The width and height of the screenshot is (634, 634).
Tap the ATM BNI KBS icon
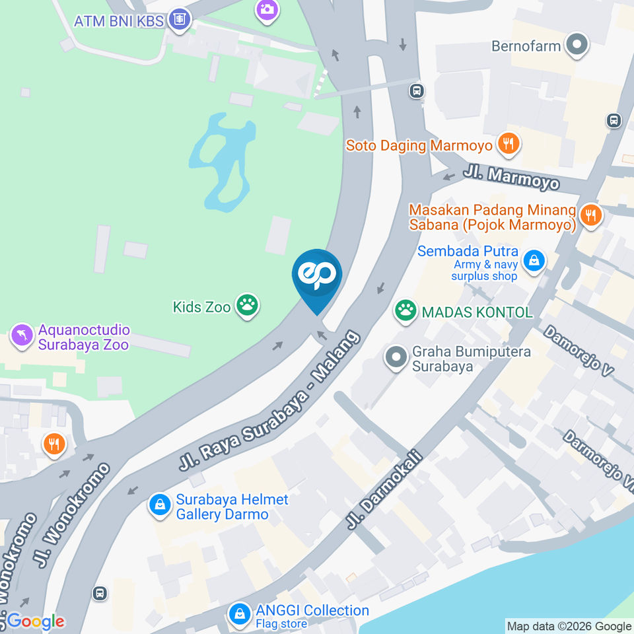pos(179,20)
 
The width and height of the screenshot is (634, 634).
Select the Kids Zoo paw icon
pos(248,306)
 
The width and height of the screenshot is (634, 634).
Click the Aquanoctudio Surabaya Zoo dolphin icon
pos(22,335)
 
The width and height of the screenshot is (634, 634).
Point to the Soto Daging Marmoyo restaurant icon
pos(508,143)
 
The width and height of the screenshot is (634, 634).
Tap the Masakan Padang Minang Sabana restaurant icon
pos(590,215)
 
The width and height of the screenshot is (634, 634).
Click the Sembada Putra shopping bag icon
pos(532,261)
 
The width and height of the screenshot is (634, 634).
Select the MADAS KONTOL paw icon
pos(405,310)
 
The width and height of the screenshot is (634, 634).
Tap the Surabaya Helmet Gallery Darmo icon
pos(159,505)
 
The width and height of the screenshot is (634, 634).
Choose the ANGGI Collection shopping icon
pos(239,615)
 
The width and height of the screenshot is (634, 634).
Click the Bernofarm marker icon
pos(578,46)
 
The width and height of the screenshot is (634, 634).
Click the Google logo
pos(35,621)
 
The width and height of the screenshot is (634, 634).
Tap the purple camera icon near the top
pos(267,9)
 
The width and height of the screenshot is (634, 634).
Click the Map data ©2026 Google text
pos(569,626)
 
